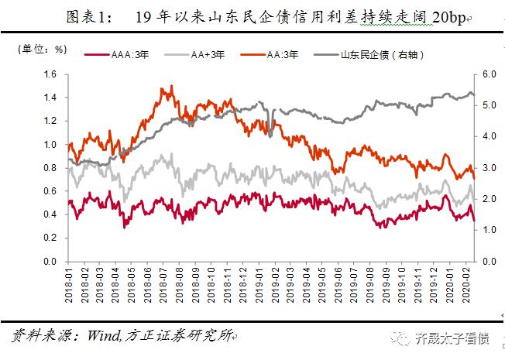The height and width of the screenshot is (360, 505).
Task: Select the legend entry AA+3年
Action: (204, 55)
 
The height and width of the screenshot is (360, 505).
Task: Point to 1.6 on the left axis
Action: (50, 75)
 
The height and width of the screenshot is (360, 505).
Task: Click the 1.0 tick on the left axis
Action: (50, 145)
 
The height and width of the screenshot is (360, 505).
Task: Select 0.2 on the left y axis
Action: (50, 238)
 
